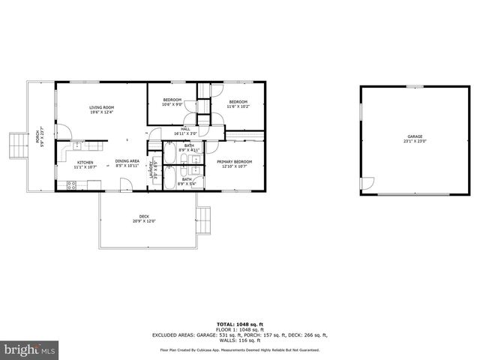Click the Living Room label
point(101,108)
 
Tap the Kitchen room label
point(84,163)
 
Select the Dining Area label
point(127,161)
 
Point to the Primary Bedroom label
point(234,162)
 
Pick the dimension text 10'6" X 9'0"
point(172,105)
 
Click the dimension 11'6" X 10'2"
point(238,106)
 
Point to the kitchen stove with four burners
point(71,184)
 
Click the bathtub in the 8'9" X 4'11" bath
point(169,154)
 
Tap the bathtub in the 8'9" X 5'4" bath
point(169,179)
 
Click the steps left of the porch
point(15,145)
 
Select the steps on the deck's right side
point(205,220)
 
